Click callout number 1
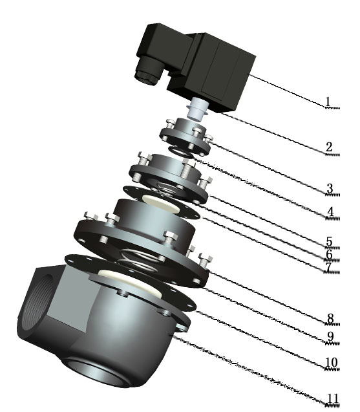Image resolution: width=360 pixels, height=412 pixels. (x=328, y=102)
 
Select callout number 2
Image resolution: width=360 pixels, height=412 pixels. (x=329, y=147)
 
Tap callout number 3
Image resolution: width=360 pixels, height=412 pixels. (x=330, y=188)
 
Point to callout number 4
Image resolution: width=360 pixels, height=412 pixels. (x=330, y=211)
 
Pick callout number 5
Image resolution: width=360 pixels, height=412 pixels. (x=329, y=241)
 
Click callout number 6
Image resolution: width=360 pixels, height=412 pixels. (x=329, y=254)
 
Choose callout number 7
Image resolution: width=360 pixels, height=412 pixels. (x=329, y=266)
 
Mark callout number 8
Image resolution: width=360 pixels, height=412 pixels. (x=330, y=318)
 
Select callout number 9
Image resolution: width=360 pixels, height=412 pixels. (x=330, y=336)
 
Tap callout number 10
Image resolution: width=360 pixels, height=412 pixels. (x=332, y=362)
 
